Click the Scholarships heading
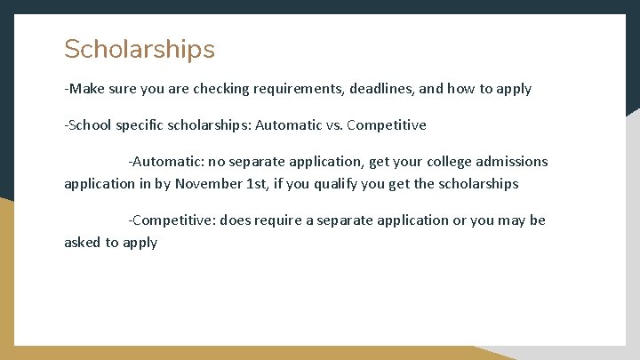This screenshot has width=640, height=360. click(140, 49)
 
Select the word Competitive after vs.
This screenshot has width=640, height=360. click(387, 124)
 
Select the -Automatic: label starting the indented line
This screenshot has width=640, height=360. click(166, 162)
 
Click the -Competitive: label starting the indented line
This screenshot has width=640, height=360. click(172, 220)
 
